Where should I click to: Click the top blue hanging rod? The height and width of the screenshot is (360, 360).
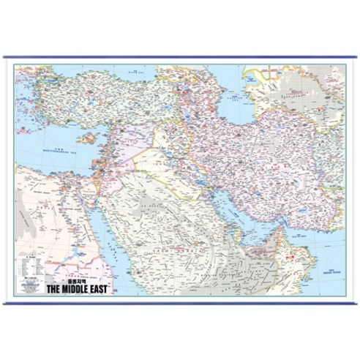pyautogui.click(x=180, y=58)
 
